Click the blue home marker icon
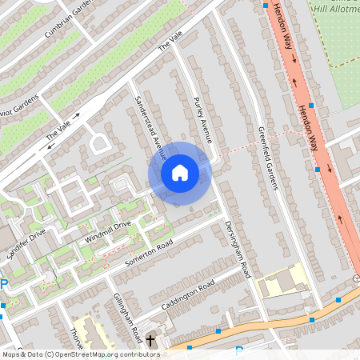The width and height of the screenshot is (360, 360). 180,172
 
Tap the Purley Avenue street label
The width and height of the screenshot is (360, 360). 203,119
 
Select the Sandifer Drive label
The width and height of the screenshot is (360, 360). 26,240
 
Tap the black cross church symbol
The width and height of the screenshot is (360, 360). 150,342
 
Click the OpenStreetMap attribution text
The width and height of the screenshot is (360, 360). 70,354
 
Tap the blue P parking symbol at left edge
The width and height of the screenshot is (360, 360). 4,284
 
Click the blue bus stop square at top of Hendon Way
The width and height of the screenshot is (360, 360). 266,5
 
